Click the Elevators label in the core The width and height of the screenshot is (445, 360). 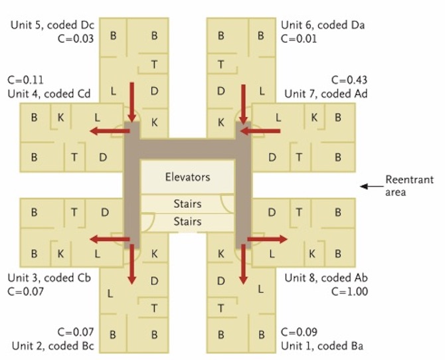pos(187,177)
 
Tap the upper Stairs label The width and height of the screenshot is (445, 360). pos(187,204)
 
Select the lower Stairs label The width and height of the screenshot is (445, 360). pos(187,222)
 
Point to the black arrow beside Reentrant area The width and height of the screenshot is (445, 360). pos(369,186)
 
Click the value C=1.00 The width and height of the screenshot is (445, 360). pos(347,291)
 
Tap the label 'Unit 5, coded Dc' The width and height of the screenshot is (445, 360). pos(52,25)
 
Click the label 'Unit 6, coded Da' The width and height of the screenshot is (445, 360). pos(323,25)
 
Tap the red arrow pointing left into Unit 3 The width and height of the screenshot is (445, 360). pos(110,239)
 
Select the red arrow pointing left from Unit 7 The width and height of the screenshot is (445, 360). pos(259,131)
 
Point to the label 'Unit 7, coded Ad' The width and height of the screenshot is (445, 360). pos(326,94)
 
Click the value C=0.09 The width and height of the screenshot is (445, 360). pos(299,331)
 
